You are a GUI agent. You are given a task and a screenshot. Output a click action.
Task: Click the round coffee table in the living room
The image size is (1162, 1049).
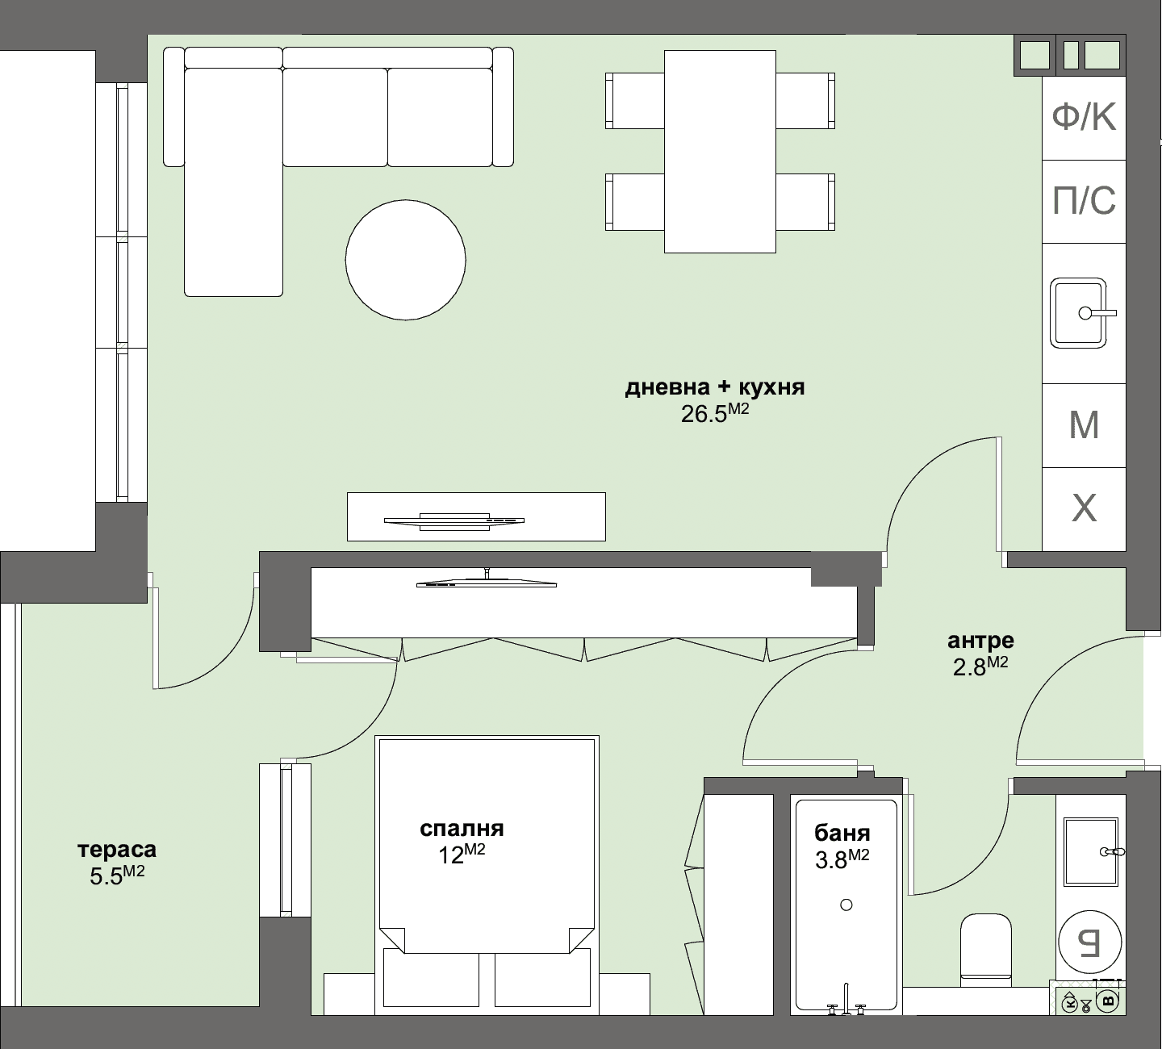tap(405, 259)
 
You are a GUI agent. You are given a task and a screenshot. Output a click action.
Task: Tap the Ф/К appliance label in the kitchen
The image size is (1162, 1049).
tap(1084, 118)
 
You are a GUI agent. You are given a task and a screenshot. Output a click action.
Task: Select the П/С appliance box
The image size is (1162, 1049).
tap(1084, 201)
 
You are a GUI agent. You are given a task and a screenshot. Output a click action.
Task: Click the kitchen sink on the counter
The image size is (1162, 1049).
tap(1078, 313)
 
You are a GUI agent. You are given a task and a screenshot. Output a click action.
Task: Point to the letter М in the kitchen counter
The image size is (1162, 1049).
tap(1084, 424)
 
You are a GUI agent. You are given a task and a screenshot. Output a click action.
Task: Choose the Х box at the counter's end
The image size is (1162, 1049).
tap(1084, 508)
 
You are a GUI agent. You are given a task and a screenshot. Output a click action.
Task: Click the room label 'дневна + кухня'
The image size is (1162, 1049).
tap(715, 387)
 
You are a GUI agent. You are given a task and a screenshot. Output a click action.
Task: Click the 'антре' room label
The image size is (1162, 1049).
tap(980, 641)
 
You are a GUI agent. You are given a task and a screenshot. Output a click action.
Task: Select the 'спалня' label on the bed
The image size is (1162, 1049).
tap(462, 829)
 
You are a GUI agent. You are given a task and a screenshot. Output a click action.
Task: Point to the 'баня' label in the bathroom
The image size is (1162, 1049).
tap(842, 834)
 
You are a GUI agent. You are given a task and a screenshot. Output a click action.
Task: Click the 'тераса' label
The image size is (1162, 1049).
tap(117, 850)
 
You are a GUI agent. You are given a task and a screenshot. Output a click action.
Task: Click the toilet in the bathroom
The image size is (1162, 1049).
tap(985, 949)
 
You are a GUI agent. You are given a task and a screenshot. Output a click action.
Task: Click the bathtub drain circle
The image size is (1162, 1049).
tap(846, 905)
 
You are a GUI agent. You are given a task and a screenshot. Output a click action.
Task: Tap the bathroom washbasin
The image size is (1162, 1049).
tap(1090, 851)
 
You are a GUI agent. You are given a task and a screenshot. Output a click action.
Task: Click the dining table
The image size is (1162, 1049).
tap(720, 151)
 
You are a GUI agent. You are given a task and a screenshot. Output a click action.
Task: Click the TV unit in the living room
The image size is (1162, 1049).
tap(475, 516)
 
